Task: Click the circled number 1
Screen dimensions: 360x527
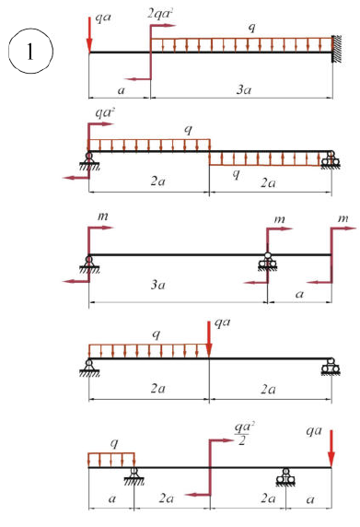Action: tap(30, 51)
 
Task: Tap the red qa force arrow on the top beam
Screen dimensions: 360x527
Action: tap(89, 35)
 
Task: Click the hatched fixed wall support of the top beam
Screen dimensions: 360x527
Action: tap(337, 49)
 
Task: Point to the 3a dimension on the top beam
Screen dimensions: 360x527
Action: tap(244, 89)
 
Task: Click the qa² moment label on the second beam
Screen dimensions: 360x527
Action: tap(105, 112)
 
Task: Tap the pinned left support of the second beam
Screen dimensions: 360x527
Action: tap(89, 161)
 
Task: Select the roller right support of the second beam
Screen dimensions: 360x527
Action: tap(331, 159)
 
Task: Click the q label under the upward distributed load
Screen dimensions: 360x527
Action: tap(237, 173)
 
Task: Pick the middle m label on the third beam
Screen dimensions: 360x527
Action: tap(279, 219)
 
